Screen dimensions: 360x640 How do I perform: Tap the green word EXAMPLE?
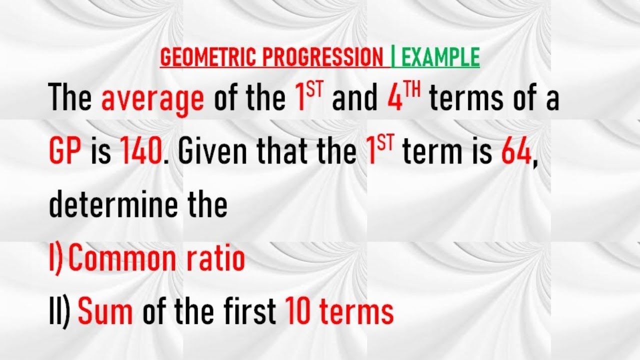pyautogui.click(x=440, y=58)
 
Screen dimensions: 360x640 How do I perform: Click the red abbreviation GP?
pyautogui.click(x=65, y=152)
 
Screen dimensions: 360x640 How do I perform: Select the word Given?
pyautogui.click(x=213, y=152)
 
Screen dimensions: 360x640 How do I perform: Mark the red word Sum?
pyautogui.click(x=105, y=311)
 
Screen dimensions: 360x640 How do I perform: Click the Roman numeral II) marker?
pyautogui.click(x=59, y=311)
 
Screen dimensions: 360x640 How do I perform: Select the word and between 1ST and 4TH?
pyautogui.click(x=355, y=99)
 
